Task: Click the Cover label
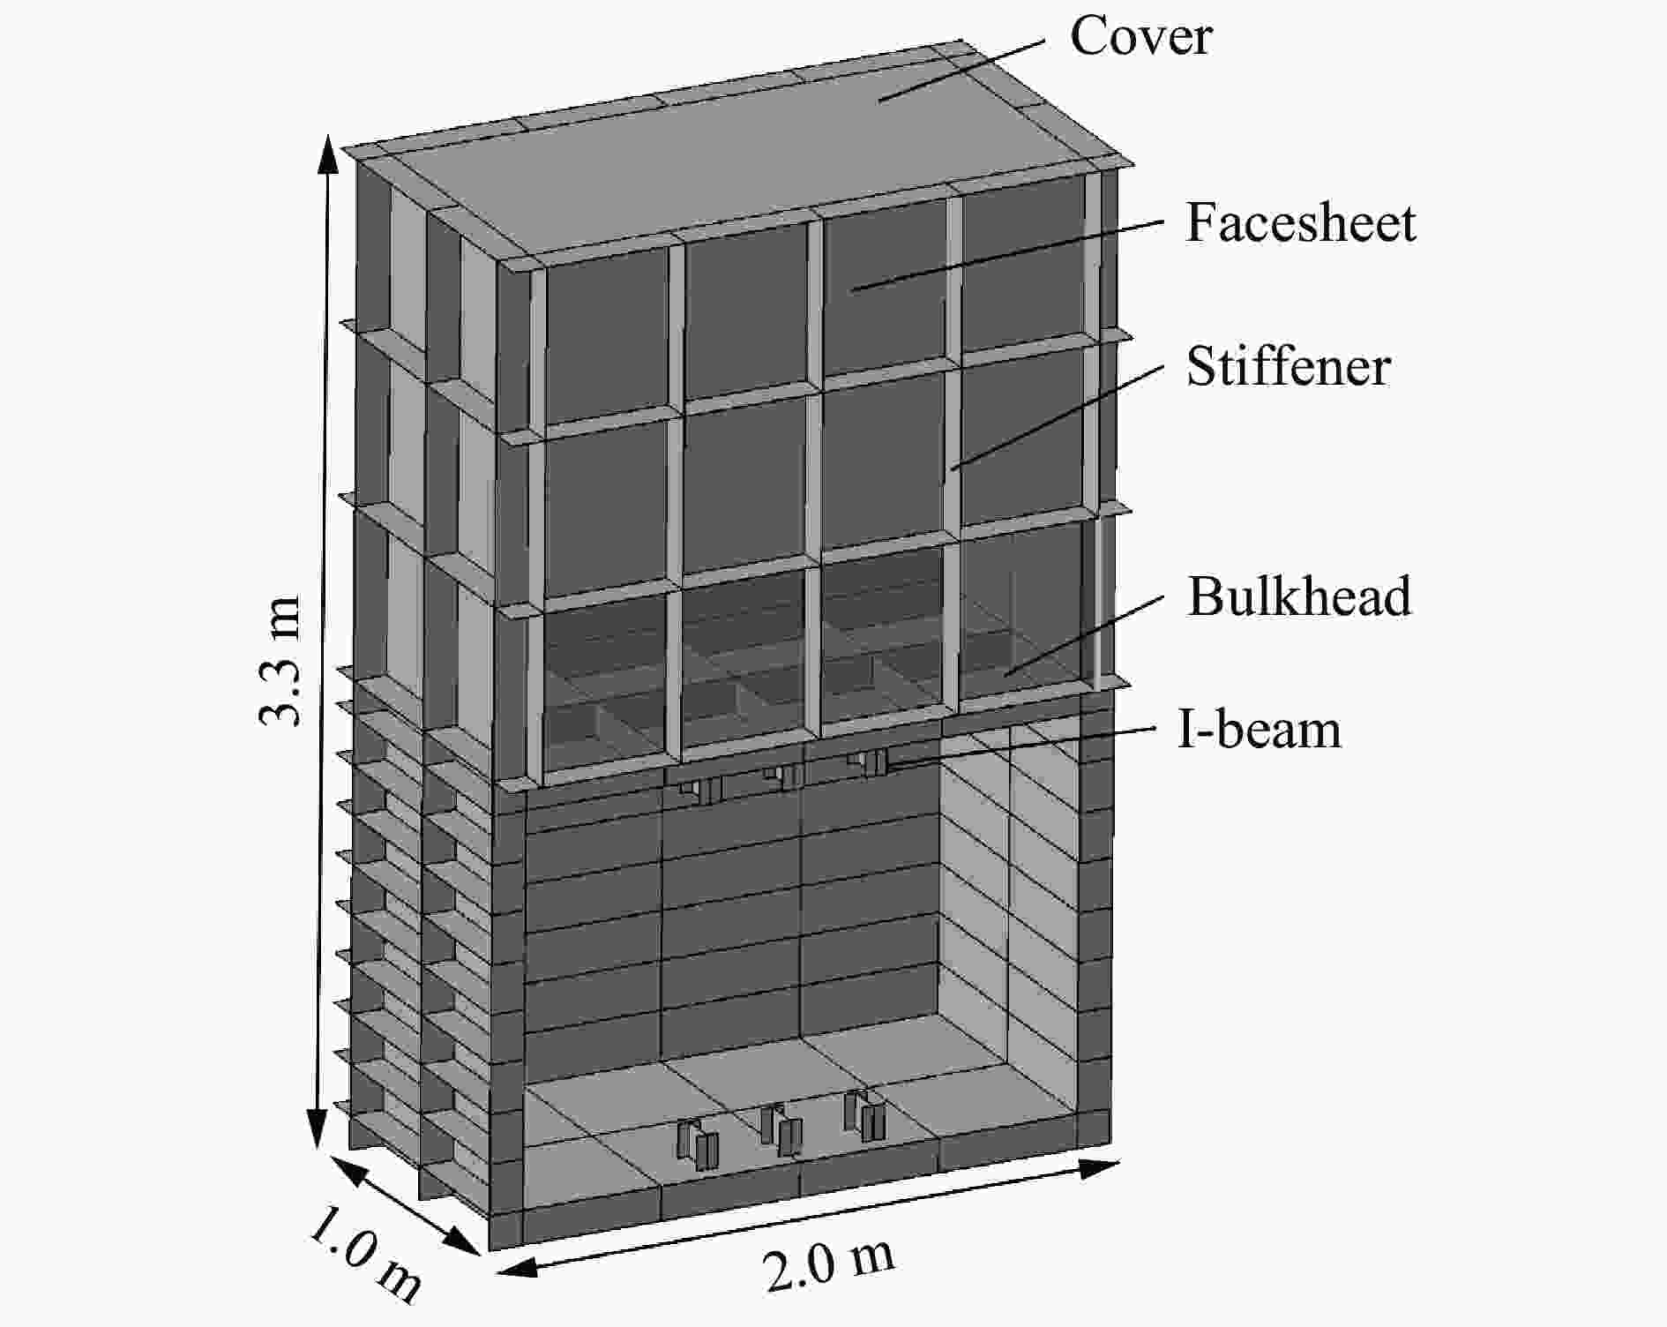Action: [1140, 37]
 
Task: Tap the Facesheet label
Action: [1301, 222]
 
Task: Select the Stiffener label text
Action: [1289, 366]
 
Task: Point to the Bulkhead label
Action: [1299, 596]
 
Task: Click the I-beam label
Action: [1260, 730]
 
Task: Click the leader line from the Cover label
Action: [961, 70]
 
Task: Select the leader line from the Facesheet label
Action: [1006, 256]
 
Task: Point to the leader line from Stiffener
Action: [1057, 416]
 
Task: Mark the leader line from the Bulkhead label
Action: [1083, 636]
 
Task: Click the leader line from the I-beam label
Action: [1021, 747]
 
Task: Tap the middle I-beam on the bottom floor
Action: [781, 1130]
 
